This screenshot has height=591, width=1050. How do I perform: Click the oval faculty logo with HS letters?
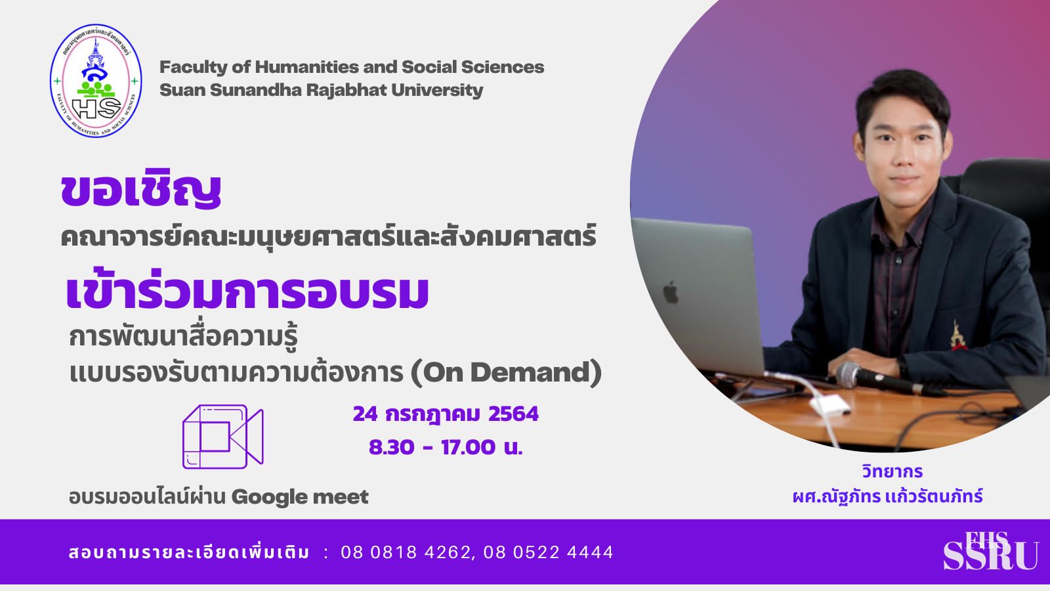coord(96,81)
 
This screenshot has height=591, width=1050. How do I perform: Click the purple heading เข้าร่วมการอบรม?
coord(247,292)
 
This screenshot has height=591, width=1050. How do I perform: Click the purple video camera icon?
coord(222,437)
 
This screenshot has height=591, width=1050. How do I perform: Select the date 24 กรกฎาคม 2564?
coord(446,414)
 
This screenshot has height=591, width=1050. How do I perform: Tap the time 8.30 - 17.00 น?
coord(446,447)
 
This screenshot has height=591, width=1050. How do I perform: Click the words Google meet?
coord(300,497)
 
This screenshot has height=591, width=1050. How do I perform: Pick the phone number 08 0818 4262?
coord(406,552)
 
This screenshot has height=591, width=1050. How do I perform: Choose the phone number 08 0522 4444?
coord(549,552)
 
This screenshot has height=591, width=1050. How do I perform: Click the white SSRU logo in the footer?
coord(990,551)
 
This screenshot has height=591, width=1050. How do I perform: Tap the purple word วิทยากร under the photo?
coord(892,471)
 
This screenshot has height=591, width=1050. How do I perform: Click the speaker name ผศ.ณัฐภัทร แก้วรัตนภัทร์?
coord(888,496)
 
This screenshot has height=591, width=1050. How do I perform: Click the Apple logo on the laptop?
coord(671,293)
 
